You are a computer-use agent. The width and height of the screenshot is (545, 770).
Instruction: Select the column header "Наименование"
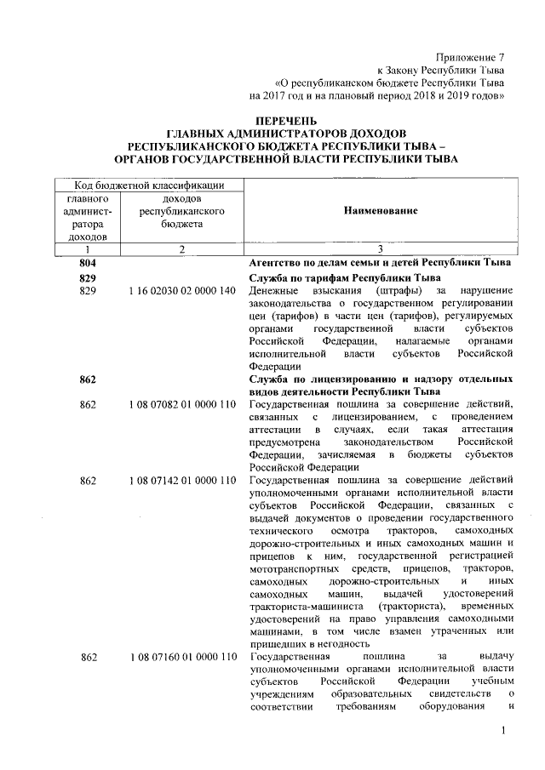[x=381, y=210]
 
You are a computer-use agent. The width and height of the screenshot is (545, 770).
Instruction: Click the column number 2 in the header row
[x=181, y=248]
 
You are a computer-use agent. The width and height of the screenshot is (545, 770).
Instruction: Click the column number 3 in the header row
[x=380, y=248]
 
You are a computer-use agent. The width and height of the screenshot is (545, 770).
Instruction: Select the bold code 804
[x=87, y=262]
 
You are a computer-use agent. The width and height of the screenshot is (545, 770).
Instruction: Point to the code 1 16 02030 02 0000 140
[x=181, y=291]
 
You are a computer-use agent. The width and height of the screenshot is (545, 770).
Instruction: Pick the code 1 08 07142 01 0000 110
[x=181, y=482]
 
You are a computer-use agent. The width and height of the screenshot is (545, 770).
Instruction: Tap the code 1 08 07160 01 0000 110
[x=181, y=658]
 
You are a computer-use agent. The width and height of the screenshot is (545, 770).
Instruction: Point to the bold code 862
[x=87, y=377]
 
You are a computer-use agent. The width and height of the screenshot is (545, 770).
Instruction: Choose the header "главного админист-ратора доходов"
[x=87, y=217]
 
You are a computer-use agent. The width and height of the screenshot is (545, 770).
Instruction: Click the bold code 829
[x=87, y=278]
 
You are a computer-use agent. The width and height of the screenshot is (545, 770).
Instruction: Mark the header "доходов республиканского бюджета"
[x=181, y=210]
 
